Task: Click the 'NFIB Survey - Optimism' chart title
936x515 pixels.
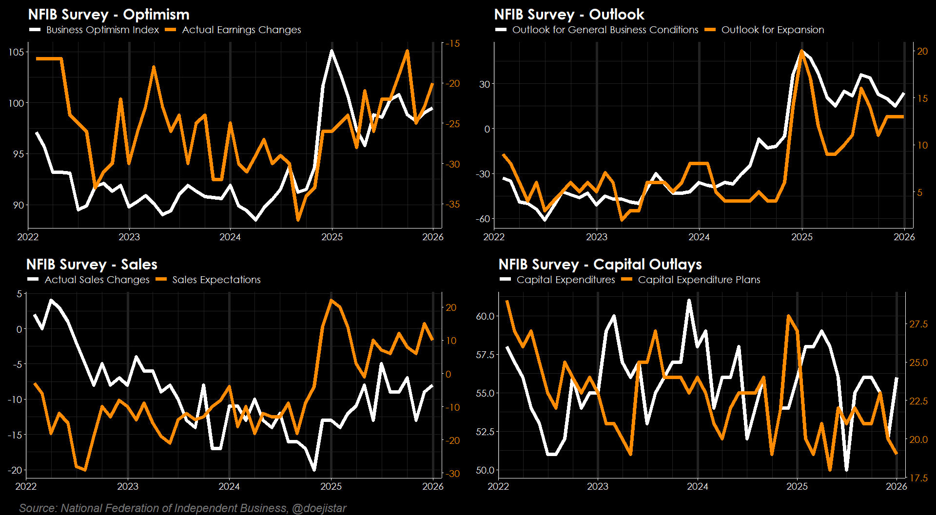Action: (108, 15)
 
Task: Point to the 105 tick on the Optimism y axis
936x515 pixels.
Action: (16, 52)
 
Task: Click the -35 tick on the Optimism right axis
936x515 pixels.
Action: (453, 204)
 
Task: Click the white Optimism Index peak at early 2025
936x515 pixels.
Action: (332, 51)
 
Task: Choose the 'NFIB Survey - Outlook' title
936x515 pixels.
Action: (569, 15)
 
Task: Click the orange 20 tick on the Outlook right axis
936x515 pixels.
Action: (922, 51)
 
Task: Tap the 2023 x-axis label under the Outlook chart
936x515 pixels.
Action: (596, 237)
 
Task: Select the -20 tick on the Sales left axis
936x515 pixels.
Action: (15, 470)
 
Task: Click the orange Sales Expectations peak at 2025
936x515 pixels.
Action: (331, 301)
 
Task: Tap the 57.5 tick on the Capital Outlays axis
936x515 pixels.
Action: (485, 355)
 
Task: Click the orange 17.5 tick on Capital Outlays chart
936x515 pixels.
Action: (918, 478)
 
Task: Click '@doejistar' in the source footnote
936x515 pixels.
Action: (319, 508)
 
